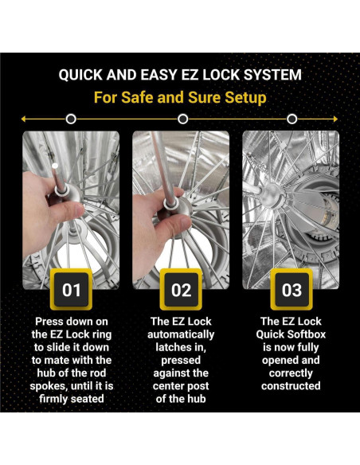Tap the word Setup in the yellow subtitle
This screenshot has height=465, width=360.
[x=243, y=98]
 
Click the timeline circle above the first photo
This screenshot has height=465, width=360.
[x=72, y=119]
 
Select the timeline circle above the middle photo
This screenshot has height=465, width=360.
[x=182, y=119]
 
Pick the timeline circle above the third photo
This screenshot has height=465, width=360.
[x=292, y=119]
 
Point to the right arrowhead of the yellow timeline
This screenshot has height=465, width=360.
[x=337, y=119]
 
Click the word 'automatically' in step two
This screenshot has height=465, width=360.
[x=181, y=334]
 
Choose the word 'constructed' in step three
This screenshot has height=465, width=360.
[x=291, y=386]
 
